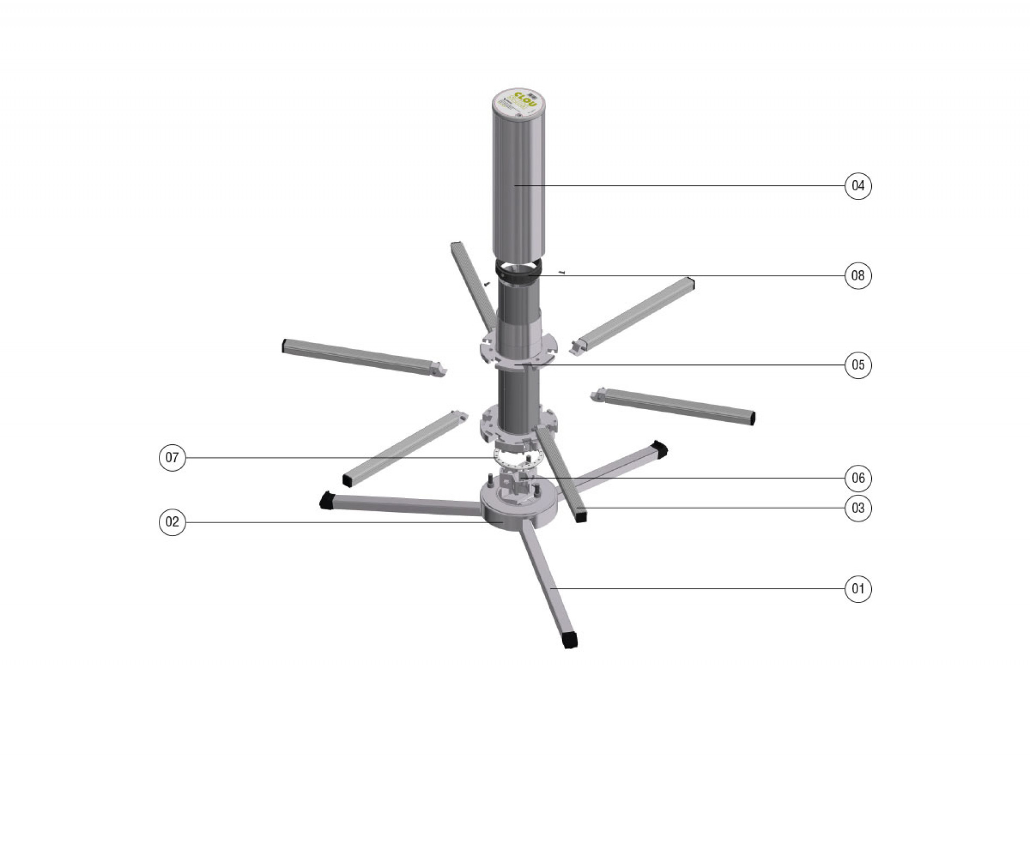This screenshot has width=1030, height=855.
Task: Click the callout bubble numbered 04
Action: pyautogui.click(x=858, y=186)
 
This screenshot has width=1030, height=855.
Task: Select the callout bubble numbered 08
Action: pyautogui.click(x=858, y=276)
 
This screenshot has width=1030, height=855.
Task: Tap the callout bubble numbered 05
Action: pyautogui.click(x=858, y=365)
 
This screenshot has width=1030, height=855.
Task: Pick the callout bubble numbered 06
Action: pyautogui.click(x=858, y=478)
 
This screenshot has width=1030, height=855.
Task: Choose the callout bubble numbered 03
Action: pyautogui.click(x=858, y=508)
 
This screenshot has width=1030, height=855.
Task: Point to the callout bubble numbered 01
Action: pyautogui.click(x=858, y=589)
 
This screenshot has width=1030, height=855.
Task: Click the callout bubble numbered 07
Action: pyautogui.click(x=172, y=457)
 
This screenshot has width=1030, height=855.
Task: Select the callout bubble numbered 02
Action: pyautogui.click(x=172, y=522)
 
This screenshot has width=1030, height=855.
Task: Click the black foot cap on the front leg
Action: pyautogui.click(x=572, y=640)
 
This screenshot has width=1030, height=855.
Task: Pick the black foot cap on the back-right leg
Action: pyautogui.click(x=659, y=448)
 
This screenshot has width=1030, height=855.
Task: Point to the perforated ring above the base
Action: pyautogui.click(x=518, y=459)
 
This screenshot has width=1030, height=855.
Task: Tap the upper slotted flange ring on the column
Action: pyautogui.click(x=518, y=351)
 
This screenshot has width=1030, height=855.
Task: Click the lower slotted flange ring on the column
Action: pyautogui.click(x=518, y=426)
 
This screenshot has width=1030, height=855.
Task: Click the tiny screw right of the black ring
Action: pyautogui.click(x=562, y=272)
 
